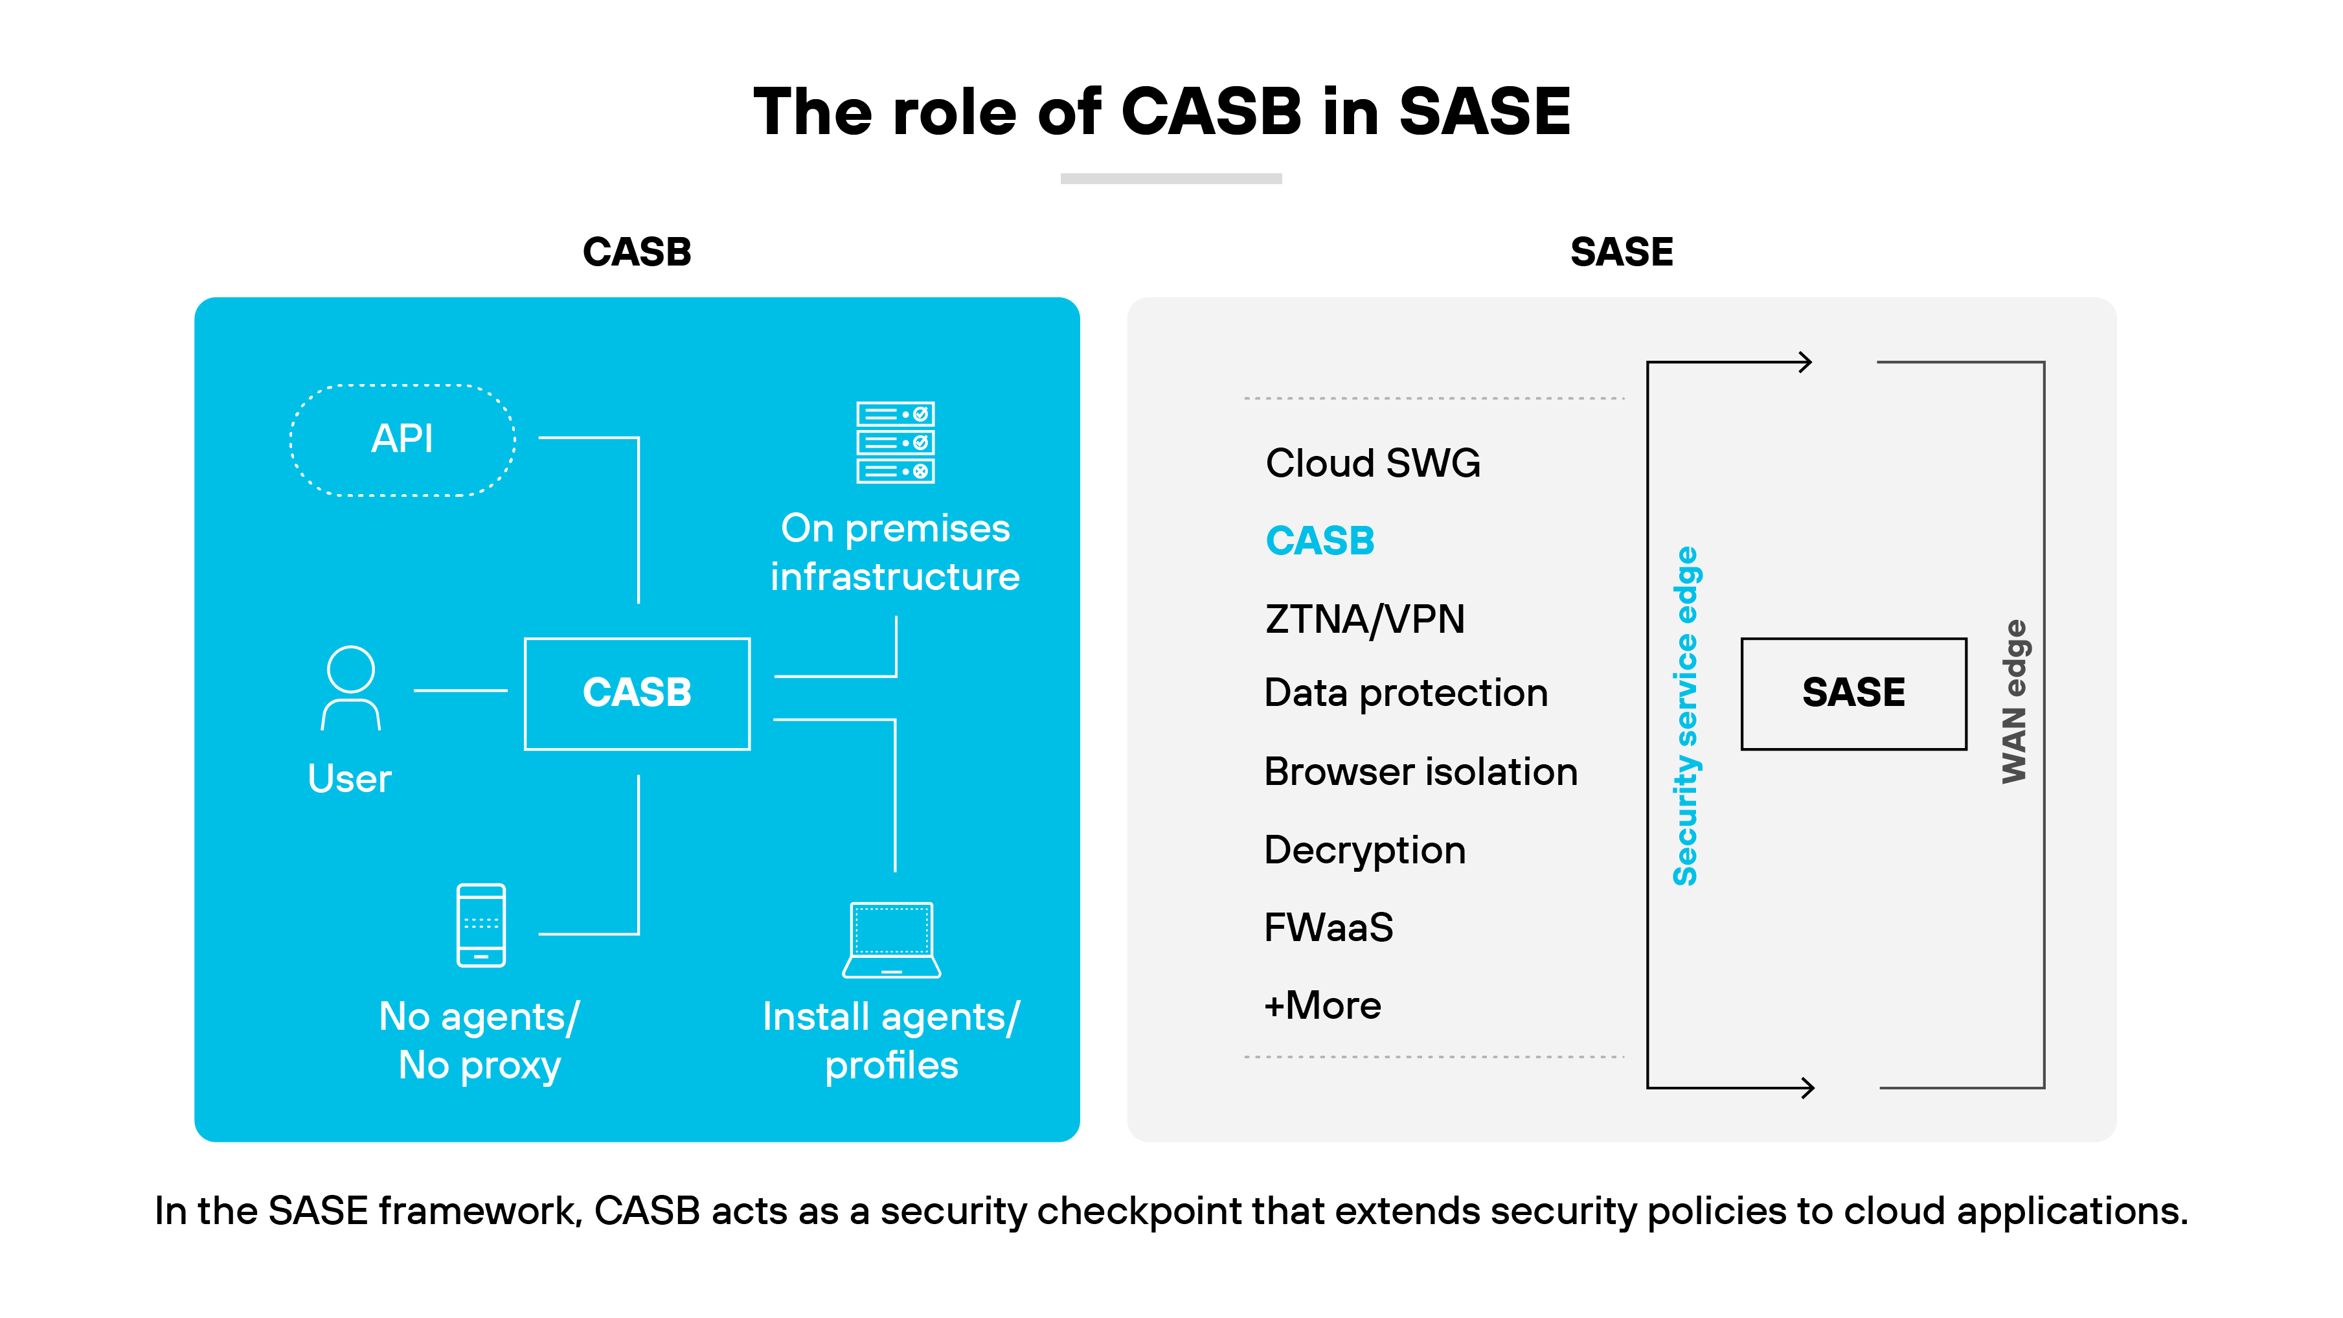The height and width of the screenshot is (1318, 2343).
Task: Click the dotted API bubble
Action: click(403, 440)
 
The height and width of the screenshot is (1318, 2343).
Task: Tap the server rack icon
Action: click(895, 442)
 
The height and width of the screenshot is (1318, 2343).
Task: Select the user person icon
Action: click(350, 688)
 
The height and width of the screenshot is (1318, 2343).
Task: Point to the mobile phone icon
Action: click(481, 925)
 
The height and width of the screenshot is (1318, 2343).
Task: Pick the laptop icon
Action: click(891, 940)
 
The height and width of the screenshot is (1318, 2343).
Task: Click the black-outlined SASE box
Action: click(1853, 693)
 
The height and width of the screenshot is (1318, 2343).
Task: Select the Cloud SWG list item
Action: click(1372, 463)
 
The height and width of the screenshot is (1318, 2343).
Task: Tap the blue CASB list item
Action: click(1319, 541)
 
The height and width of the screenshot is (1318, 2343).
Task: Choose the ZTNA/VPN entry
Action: click(1364, 619)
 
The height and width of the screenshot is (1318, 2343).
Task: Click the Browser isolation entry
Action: click(1420, 772)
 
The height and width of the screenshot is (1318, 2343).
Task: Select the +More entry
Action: click(1322, 1006)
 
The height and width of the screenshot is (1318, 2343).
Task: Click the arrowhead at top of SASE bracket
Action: click(1805, 362)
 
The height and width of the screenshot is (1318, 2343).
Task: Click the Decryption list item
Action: click(1364, 850)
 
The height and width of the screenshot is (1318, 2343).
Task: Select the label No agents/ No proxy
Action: click(479, 1041)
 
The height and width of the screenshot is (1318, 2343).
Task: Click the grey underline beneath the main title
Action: click(1171, 179)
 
